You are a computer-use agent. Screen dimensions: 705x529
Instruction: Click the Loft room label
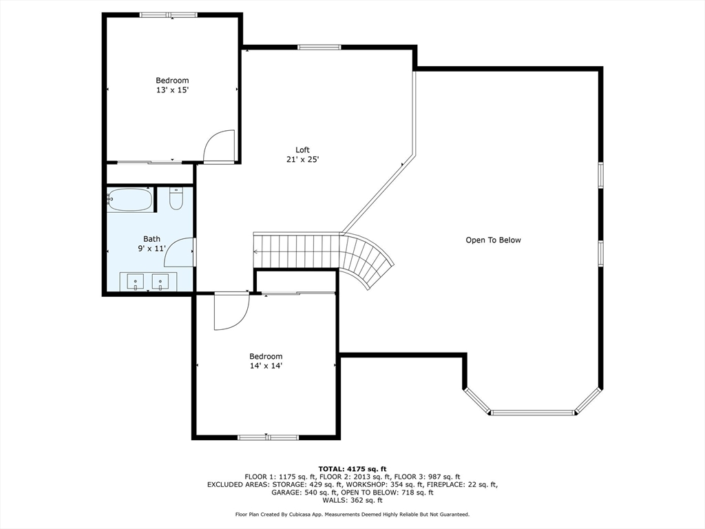pyautogui.click(x=302, y=149)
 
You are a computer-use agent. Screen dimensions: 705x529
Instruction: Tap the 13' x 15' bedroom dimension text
pyautogui.click(x=172, y=90)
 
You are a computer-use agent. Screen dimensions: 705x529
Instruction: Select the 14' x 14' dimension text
pyautogui.click(x=266, y=366)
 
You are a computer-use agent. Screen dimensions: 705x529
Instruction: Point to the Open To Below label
pyautogui.click(x=493, y=240)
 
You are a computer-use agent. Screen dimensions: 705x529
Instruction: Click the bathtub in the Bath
pyautogui.click(x=130, y=199)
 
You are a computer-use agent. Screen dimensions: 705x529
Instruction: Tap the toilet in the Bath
pyautogui.click(x=176, y=199)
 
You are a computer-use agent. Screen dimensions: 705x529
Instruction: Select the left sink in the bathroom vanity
pyautogui.click(x=136, y=282)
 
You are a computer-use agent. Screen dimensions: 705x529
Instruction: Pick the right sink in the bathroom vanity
pyautogui.click(x=160, y=282)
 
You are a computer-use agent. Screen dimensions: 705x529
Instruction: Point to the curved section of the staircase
pyautogui.click(x=366, y=260)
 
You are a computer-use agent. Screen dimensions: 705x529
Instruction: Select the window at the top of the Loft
pyautogui.click(x=319, y=47)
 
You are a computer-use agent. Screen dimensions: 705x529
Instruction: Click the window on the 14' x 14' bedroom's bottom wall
pyautogui.click(x=268, y=437)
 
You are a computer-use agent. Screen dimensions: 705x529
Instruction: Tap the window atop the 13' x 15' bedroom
pyautogui.click(x=169, y=15)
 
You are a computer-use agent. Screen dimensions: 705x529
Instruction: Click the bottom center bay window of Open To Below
pyautogui.click(x=534, y=412)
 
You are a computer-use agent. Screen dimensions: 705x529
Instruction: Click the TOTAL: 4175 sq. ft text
pyautogui.click(x=352, y=469)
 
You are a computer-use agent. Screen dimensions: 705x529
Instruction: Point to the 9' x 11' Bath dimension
pyautogui.click(x=152, y=248)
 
